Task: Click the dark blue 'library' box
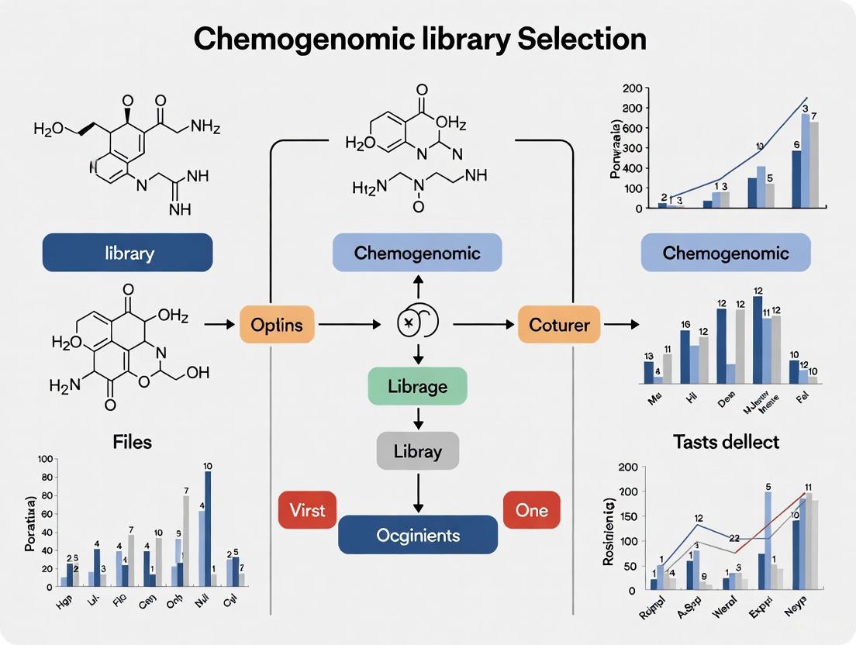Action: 127,253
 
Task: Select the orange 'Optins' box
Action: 277,324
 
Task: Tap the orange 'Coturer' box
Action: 559,324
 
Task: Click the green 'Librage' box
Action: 417,385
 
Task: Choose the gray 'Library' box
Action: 417,451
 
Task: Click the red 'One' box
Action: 531,509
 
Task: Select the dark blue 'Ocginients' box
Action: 418,535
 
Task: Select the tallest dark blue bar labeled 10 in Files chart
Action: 208,527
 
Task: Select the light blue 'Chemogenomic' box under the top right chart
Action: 726,253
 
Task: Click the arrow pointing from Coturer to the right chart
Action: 617,324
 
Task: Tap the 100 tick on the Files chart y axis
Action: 44,459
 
